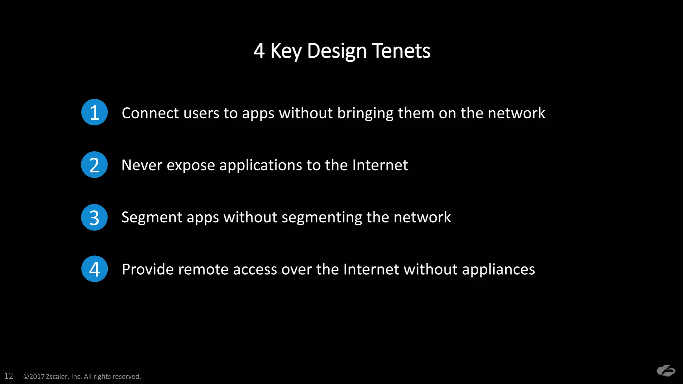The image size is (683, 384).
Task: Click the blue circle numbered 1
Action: (94, 112)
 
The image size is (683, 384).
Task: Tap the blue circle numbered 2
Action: (94, 165)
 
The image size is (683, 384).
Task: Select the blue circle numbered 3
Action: (94, 217)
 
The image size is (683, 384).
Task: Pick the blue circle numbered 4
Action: (94, 269)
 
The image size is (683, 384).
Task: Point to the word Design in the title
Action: (337, 51)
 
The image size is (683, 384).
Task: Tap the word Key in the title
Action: (286, 51)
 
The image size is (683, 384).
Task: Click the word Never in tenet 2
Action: (142, 165)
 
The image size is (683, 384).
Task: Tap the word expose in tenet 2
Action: (191, 166)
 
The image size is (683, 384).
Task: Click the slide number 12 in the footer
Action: (9, 376)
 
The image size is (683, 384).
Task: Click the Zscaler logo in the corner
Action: (666, 371)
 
